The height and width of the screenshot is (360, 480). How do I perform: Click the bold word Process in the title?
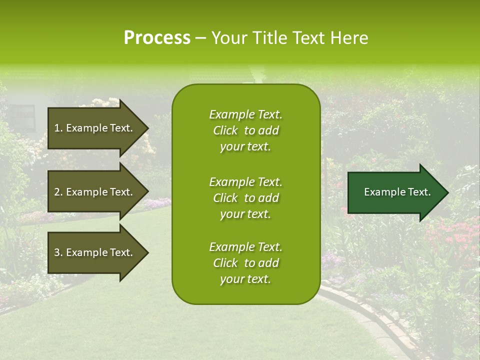coord(157,38)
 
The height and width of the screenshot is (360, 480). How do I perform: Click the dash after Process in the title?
coord(200,38)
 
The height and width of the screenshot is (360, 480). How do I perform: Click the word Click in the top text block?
coord(225,130)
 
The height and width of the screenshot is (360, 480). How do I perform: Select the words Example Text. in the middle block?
coord(245,182)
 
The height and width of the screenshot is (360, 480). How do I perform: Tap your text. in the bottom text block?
coord(245,279)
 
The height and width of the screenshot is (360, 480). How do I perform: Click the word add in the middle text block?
coord(269,198)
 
